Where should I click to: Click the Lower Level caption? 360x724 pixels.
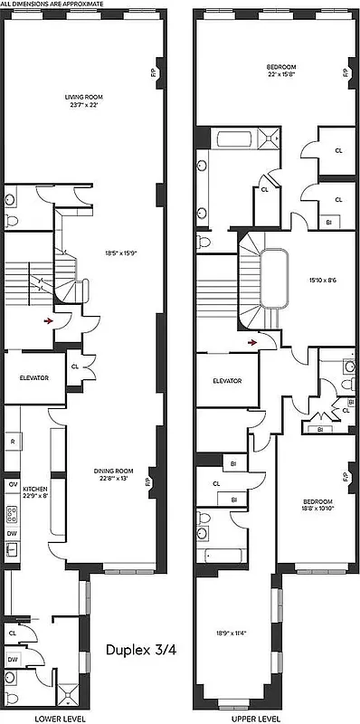pyautogui.click(x=52, y=718)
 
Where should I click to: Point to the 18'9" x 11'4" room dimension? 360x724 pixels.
pyautogui.click(x=231, y=633)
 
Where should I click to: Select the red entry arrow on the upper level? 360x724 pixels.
pyautogui.click(x=254, y=343)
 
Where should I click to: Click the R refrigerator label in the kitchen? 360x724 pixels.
pyautogui.click(x=13, y=442)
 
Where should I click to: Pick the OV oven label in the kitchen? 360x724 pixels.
pyautogui.click(x=12, y=484)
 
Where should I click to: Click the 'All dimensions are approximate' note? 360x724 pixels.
pyautogui.click(x=52, y=5)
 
